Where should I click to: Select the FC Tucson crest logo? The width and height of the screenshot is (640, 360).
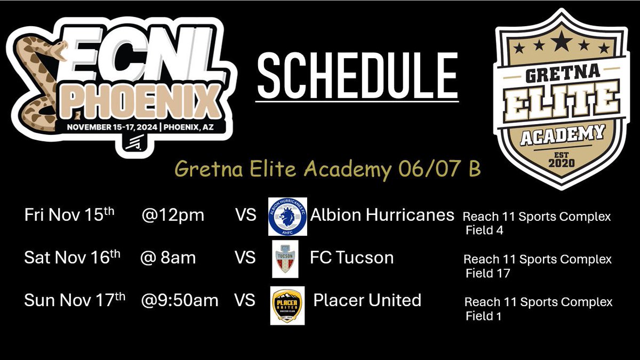click(285, 259)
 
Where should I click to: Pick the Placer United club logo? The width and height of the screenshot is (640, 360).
click(287, 306)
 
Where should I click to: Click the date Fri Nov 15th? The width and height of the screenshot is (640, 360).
click(70, 215)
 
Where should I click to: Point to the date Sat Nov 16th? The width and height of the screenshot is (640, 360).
click(72, 258)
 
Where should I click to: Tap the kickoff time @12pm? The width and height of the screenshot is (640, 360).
click(173, 215)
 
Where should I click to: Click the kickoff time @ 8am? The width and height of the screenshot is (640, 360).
click(167, 258)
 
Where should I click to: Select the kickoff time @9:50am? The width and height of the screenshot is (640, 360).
click(180, 300)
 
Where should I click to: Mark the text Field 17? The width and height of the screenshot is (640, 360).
click(487, 274)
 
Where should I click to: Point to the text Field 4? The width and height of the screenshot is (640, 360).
click(484, 231)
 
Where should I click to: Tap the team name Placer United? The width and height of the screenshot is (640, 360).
click(367, 300)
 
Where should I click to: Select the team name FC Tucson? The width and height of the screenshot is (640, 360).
click(351, 258)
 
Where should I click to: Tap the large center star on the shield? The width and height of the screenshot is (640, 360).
click(558, 41)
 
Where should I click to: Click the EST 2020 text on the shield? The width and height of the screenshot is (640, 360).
click(559, 158)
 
